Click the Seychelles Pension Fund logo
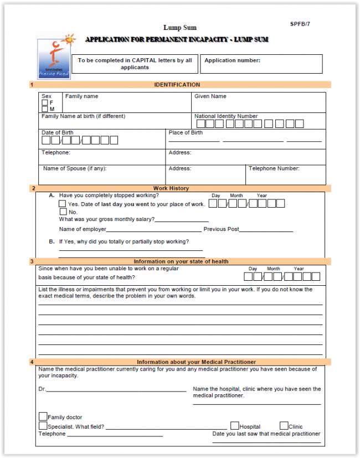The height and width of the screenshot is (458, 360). coord(55,58)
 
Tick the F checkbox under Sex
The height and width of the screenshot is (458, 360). coord(44,103)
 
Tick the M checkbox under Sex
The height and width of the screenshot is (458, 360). coord(44,109)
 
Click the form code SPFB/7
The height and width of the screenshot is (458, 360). coord(300,24)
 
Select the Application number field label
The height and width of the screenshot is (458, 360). coord(232,60)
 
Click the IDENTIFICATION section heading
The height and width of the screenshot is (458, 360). coord(177,85)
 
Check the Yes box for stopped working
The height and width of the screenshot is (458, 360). coord(63,204)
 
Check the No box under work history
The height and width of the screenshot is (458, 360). coord(63,212)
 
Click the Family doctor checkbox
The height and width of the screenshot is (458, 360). coord(43,416)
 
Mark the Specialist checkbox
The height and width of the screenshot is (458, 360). coord(43,426)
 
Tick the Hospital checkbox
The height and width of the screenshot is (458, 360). coord(234,426)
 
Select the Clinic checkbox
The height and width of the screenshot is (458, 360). coord(284,426)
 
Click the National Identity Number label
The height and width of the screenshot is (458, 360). coord(226,116)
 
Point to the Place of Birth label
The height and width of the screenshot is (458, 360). coord(186,133)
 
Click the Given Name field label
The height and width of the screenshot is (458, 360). coord(210,96)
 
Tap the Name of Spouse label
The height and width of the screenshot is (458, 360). coord(75,168)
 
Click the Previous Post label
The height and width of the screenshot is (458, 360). coord(221,229)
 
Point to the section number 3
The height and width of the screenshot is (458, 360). coord(32,261)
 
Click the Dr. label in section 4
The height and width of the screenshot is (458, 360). coord(42,389)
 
